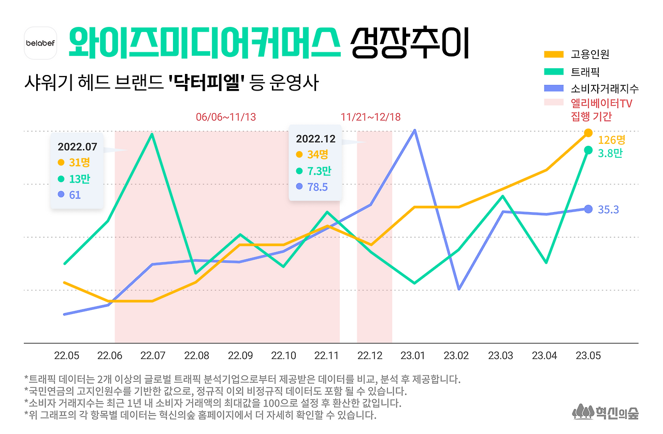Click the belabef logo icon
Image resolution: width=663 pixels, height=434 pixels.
[40, 42]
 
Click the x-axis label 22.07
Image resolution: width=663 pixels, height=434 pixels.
[153, 356]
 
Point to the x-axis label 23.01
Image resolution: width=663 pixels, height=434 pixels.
[413, 356]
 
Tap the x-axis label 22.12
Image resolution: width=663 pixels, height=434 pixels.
[370, 356]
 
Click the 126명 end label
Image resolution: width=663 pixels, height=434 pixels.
[612, 140]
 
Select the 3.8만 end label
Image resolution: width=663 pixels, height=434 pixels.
[610, 154]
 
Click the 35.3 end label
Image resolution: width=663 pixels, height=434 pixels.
[608, 209]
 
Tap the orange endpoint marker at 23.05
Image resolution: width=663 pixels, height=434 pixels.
[588, 133]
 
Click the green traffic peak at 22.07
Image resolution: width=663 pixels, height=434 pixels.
[151, 134]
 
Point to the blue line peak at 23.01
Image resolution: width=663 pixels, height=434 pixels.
[414, 130]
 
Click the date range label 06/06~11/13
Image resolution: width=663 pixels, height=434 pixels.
[226, 117]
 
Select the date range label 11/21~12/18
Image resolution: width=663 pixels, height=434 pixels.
[370, 117]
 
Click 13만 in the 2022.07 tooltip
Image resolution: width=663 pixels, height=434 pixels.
[79, 179]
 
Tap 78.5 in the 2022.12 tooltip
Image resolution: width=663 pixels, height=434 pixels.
[317, 187]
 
